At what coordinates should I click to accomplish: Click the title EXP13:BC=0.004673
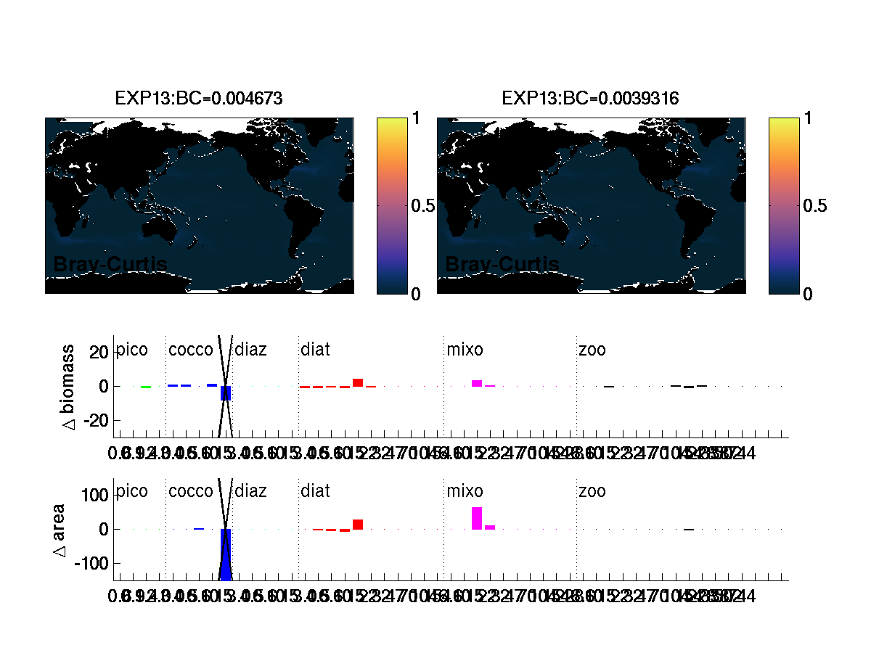pos(199,98)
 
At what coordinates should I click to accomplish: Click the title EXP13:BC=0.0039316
pos(590,98)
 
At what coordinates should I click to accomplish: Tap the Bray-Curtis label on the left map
pos(110,265)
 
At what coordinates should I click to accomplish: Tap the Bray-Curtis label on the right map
pos(502,265)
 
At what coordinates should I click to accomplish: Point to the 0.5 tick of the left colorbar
pos(423,206)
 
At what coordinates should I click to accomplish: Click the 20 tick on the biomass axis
pos(99,352)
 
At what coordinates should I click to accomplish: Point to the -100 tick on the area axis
pos(93,564)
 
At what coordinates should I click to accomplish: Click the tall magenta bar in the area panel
pos(477,518)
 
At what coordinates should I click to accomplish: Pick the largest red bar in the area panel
pos(358,525)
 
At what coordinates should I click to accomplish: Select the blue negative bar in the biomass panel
pos(226,393)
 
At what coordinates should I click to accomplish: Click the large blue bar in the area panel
pos(226,554)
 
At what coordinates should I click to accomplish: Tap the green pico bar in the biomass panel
pos(146,387)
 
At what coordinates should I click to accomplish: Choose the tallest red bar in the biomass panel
pos(358,382)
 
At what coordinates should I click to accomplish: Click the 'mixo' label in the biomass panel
pos(465,350)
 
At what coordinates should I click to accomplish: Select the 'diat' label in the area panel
pos(315,492)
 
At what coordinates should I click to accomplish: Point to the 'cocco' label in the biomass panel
pos(191,350)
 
